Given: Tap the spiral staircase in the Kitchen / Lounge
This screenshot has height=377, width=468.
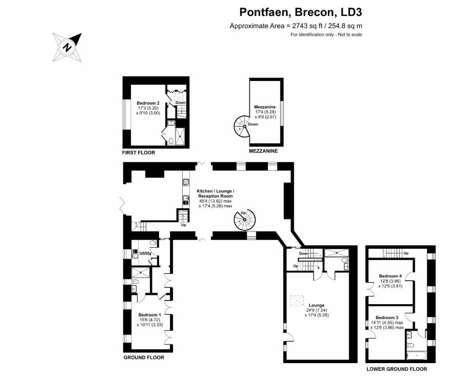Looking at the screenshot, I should coord(244,221).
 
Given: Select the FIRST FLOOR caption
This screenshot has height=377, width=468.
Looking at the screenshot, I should coord(138,152).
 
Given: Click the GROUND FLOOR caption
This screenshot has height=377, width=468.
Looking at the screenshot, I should coord(144,358).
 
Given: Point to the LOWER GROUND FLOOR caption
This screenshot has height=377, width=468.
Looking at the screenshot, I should coord(396,369).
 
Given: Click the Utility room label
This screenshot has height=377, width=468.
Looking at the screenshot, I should coord(146,253).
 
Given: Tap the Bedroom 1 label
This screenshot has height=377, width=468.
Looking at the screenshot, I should coord(150,315).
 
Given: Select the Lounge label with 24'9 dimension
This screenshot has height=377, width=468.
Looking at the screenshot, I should coord(316,305).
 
